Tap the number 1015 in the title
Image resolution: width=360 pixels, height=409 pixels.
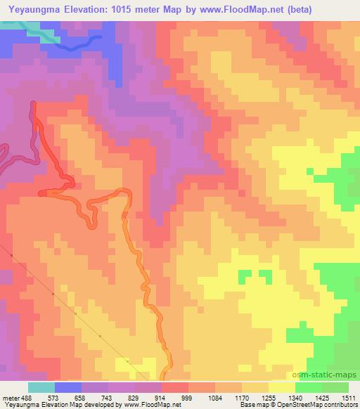tap(117, 8)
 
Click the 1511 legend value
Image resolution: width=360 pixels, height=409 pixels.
tap(348, 398)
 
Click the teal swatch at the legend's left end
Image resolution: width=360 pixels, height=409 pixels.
tap(41, 387)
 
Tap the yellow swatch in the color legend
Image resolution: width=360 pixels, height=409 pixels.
tap(282, 387)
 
